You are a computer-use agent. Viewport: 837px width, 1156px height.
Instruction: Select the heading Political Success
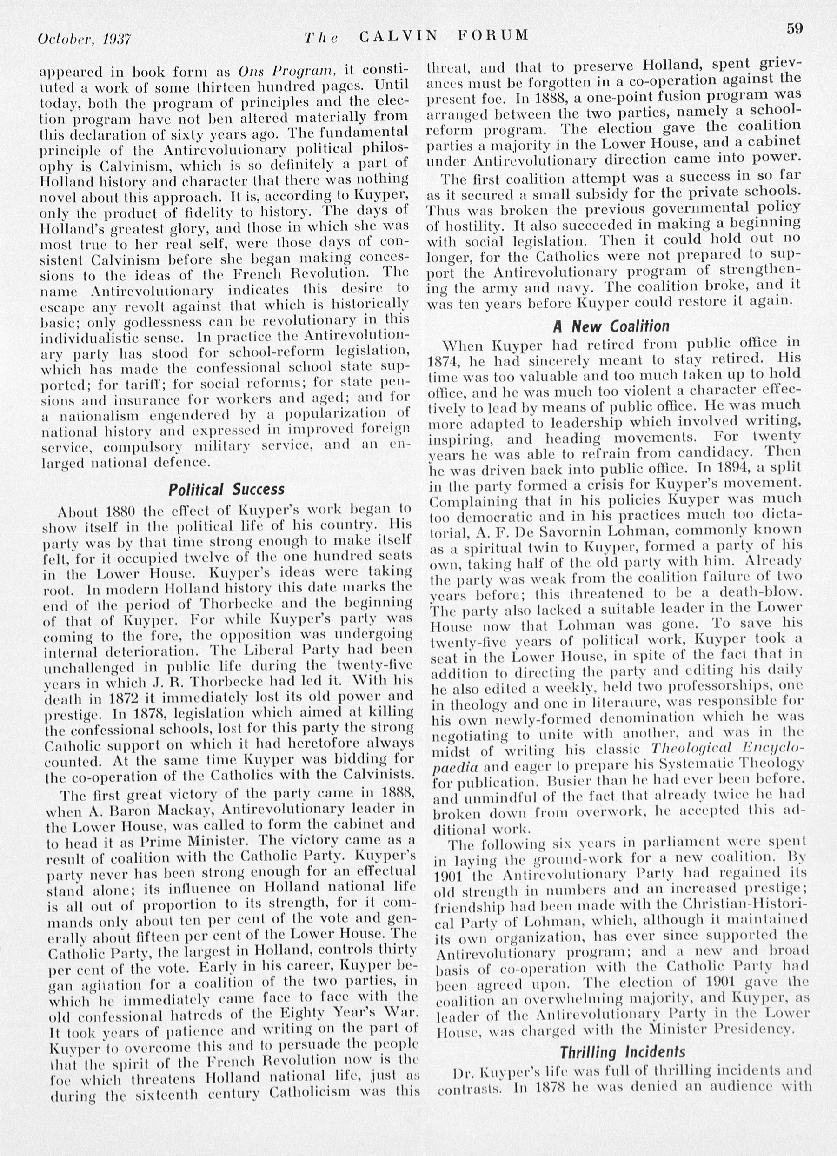click(226, 490)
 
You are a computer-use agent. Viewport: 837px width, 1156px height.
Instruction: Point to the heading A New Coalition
click(611, 326)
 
